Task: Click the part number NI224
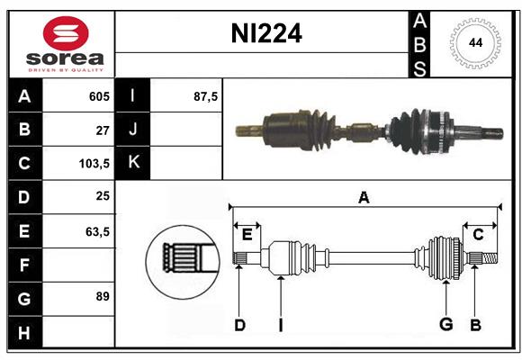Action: [266, 34]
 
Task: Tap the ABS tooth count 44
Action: [473, 43]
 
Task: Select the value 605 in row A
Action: [98, 96]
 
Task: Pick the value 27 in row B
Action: [103, 130]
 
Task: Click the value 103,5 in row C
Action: [95, 164]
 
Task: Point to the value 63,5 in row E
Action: [97, 231]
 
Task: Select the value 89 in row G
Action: [103, 297]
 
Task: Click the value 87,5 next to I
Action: [206, 96]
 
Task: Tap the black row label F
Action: [24, 265]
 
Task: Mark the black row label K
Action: [133, 163]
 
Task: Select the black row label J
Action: [133, 130]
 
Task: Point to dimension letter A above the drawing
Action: [364, 198]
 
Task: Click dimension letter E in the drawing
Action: [247, 234]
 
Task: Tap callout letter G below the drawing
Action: [445, 325]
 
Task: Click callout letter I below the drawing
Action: [281, 325]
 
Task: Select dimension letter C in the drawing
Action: [479, 234]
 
